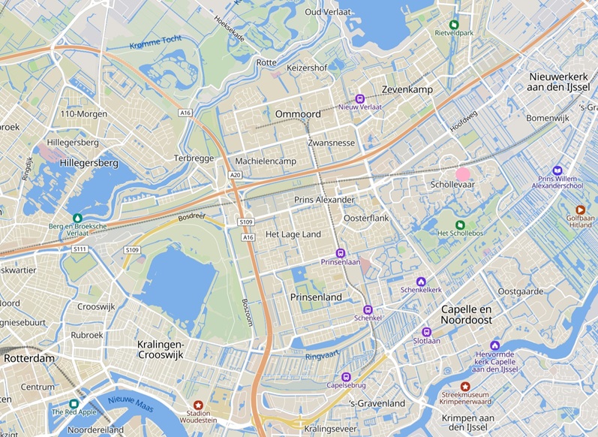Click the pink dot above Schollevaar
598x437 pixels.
[x=463, y=174]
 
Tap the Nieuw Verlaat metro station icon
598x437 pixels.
[x=360, y=98]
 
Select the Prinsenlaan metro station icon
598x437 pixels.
[x=341, y=253]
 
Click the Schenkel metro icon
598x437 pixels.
[x=368, y=309]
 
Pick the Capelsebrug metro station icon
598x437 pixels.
[x=346, y=377]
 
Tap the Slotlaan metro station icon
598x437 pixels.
[x=427, y=331]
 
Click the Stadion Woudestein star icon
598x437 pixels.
[x=198, y=405]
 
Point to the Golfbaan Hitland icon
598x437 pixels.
[x=580, y=210]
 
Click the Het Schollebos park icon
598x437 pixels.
[x=460, y=225]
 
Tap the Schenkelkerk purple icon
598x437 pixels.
[x=420, y=282]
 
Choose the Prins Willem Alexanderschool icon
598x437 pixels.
[x=557, y=170]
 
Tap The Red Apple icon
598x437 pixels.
[x=74, y=404]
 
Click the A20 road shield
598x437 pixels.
[x=236, y=175]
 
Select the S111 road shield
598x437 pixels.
[x=80, y=249]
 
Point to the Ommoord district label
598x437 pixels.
[x=299, y=114]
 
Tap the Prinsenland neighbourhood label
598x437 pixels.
[x=316, y=297]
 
